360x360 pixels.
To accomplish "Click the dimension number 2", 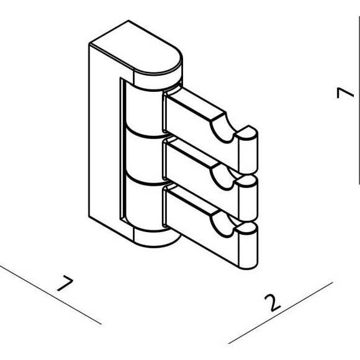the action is click(x=272, y=303).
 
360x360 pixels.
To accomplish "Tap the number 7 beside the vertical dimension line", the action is click(x=345, y=92).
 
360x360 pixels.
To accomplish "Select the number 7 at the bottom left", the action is click(x=65, y=283).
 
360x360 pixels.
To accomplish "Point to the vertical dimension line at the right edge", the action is click(x=359, y=101).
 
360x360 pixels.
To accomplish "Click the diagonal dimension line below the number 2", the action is click(x=281, y=313).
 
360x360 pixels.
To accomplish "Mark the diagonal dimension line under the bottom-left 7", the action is click(x=50, y=295).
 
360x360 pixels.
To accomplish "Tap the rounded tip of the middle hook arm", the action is click(x=248, y=197).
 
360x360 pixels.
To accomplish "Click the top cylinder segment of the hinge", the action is click(x=143, y=110).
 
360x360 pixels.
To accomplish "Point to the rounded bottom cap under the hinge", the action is click(x=156, y=239).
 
